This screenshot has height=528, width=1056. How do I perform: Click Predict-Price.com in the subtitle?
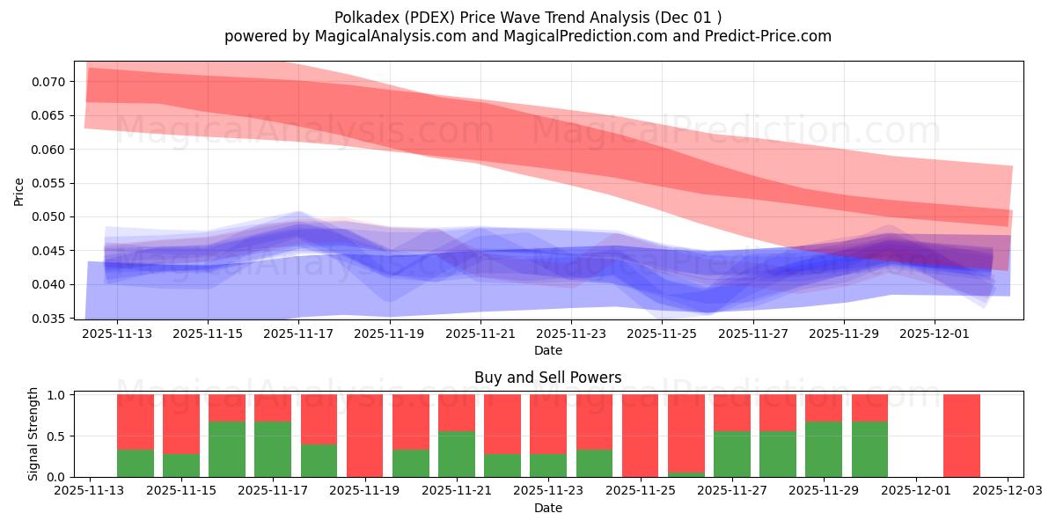[762, 36]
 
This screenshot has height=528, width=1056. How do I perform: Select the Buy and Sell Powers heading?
[547, 378]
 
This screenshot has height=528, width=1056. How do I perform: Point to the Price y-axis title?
[19, 191]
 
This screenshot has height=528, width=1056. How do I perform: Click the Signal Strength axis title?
[33, 435]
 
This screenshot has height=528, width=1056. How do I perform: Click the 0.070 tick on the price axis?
[48, 82]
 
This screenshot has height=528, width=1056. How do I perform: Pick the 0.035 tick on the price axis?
[48, 319]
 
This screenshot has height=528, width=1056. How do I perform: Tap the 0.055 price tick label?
[48, 183]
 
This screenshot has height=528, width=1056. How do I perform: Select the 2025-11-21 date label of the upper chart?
[480, 334]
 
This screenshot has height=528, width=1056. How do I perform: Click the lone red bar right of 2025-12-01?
[961, 436]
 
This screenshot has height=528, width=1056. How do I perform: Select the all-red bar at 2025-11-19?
[364, 436]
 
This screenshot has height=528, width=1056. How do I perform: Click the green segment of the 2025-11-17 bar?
[273, 449]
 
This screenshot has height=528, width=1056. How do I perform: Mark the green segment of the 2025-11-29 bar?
[824, 449]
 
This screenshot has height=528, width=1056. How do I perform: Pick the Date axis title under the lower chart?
[547, 508]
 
